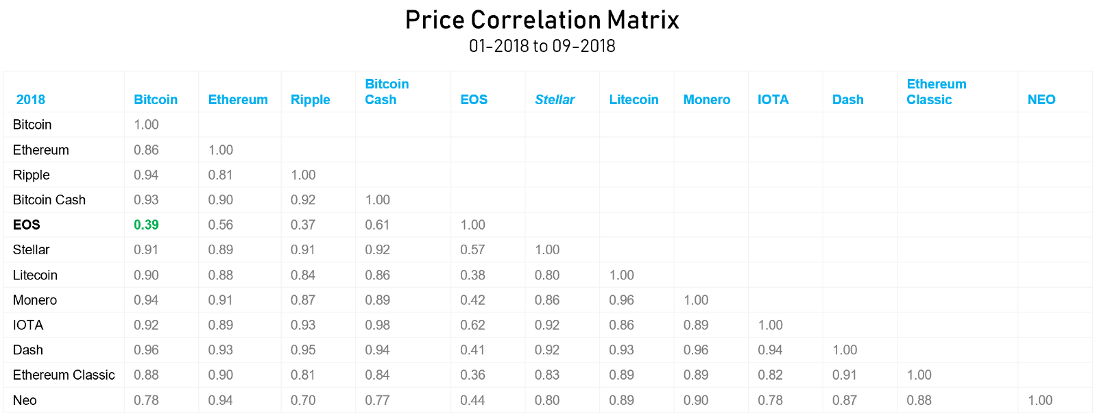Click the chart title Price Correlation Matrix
click(542, 20)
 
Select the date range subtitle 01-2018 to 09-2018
click(542, 46)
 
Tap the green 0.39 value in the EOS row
click(146, 225)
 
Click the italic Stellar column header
click(555, 99)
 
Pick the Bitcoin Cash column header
click(387, 92)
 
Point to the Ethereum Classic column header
click(936, 92)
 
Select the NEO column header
click(1041, 99)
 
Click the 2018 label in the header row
click(31, 99)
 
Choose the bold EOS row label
click(27, 225)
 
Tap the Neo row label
click(25, 400)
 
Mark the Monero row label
click(35, 300)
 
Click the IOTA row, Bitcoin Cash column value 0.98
click(377, 325)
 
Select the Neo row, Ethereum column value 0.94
click(221, 400)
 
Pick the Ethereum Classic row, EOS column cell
click(472, 375)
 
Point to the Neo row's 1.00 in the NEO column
click(1040, 400)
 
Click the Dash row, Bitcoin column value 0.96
click(146, 350)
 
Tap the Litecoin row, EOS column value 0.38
click(472, 275)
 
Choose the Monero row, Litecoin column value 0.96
click(621, 300)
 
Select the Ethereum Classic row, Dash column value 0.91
click(845, 375)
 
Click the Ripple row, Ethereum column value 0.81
click(221, 175)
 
